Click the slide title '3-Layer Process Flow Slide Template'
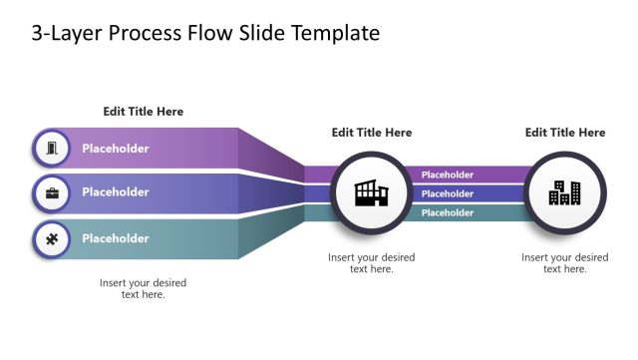tap(205, 33)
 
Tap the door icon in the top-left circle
tap(51, 149)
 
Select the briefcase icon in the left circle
tap(51, 192)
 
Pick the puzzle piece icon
tap(51, 238)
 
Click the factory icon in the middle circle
tap(371, 193)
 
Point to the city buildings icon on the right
tap(564, 193)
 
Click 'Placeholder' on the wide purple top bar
tap(116, 149)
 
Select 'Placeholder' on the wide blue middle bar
tap(116, 192)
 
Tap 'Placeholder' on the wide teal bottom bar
tap(116, 238)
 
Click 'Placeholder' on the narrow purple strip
tap(448, 176)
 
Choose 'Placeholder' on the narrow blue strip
tap(448, 193)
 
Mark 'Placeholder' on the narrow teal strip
tap(448, 212)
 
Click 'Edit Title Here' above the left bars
tap(144, 112)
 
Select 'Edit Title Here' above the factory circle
tap(371, 133)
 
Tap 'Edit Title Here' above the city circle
tap(564, 133)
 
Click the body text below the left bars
tap(144, 288)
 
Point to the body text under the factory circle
tap(371, 263)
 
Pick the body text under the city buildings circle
tap(564, 263)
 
